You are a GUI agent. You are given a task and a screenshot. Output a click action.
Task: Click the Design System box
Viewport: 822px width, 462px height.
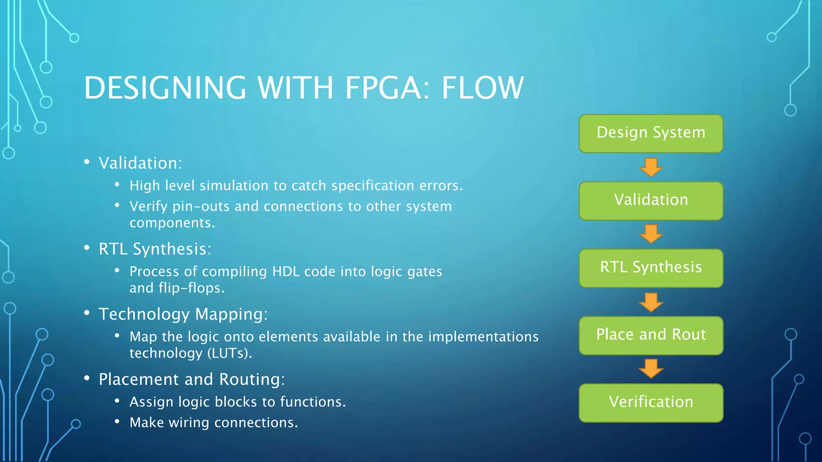click(651, 133)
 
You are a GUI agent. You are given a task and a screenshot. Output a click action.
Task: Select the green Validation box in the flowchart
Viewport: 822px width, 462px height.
click(651, 201)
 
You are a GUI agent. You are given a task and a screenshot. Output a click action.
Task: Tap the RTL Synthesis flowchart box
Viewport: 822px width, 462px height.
click(651, 268)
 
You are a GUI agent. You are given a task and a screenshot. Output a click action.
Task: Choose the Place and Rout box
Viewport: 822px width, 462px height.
click(651, 335)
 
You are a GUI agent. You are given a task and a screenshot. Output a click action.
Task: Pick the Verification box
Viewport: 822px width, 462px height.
click(651, 403)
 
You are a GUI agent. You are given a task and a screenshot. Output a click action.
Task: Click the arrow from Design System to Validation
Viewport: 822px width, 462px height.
click(651, 167)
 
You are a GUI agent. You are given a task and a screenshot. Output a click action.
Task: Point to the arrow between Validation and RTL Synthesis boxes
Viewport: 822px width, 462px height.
click(651, 234)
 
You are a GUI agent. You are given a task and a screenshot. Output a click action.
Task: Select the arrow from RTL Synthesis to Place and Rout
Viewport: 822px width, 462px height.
click(651, 302)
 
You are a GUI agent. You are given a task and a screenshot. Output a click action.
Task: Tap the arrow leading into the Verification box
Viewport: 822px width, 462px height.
click(651, 369)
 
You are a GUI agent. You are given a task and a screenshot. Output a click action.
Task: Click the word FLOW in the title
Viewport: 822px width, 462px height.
click(482, 88)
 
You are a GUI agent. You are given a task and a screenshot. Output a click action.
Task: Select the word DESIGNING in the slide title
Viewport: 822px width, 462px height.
click(165, 88)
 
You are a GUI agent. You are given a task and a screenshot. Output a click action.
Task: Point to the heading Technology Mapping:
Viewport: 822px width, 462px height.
click(183, 314)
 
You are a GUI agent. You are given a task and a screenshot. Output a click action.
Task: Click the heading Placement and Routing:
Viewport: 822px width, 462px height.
click(192, 379)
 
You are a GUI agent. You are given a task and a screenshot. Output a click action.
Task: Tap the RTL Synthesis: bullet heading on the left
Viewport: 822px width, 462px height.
click(155, 249)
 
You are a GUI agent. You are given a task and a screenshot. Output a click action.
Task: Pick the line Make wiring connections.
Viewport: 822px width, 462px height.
click(214, 423)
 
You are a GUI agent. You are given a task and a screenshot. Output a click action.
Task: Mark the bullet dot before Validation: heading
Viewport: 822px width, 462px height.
click(87, 162)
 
